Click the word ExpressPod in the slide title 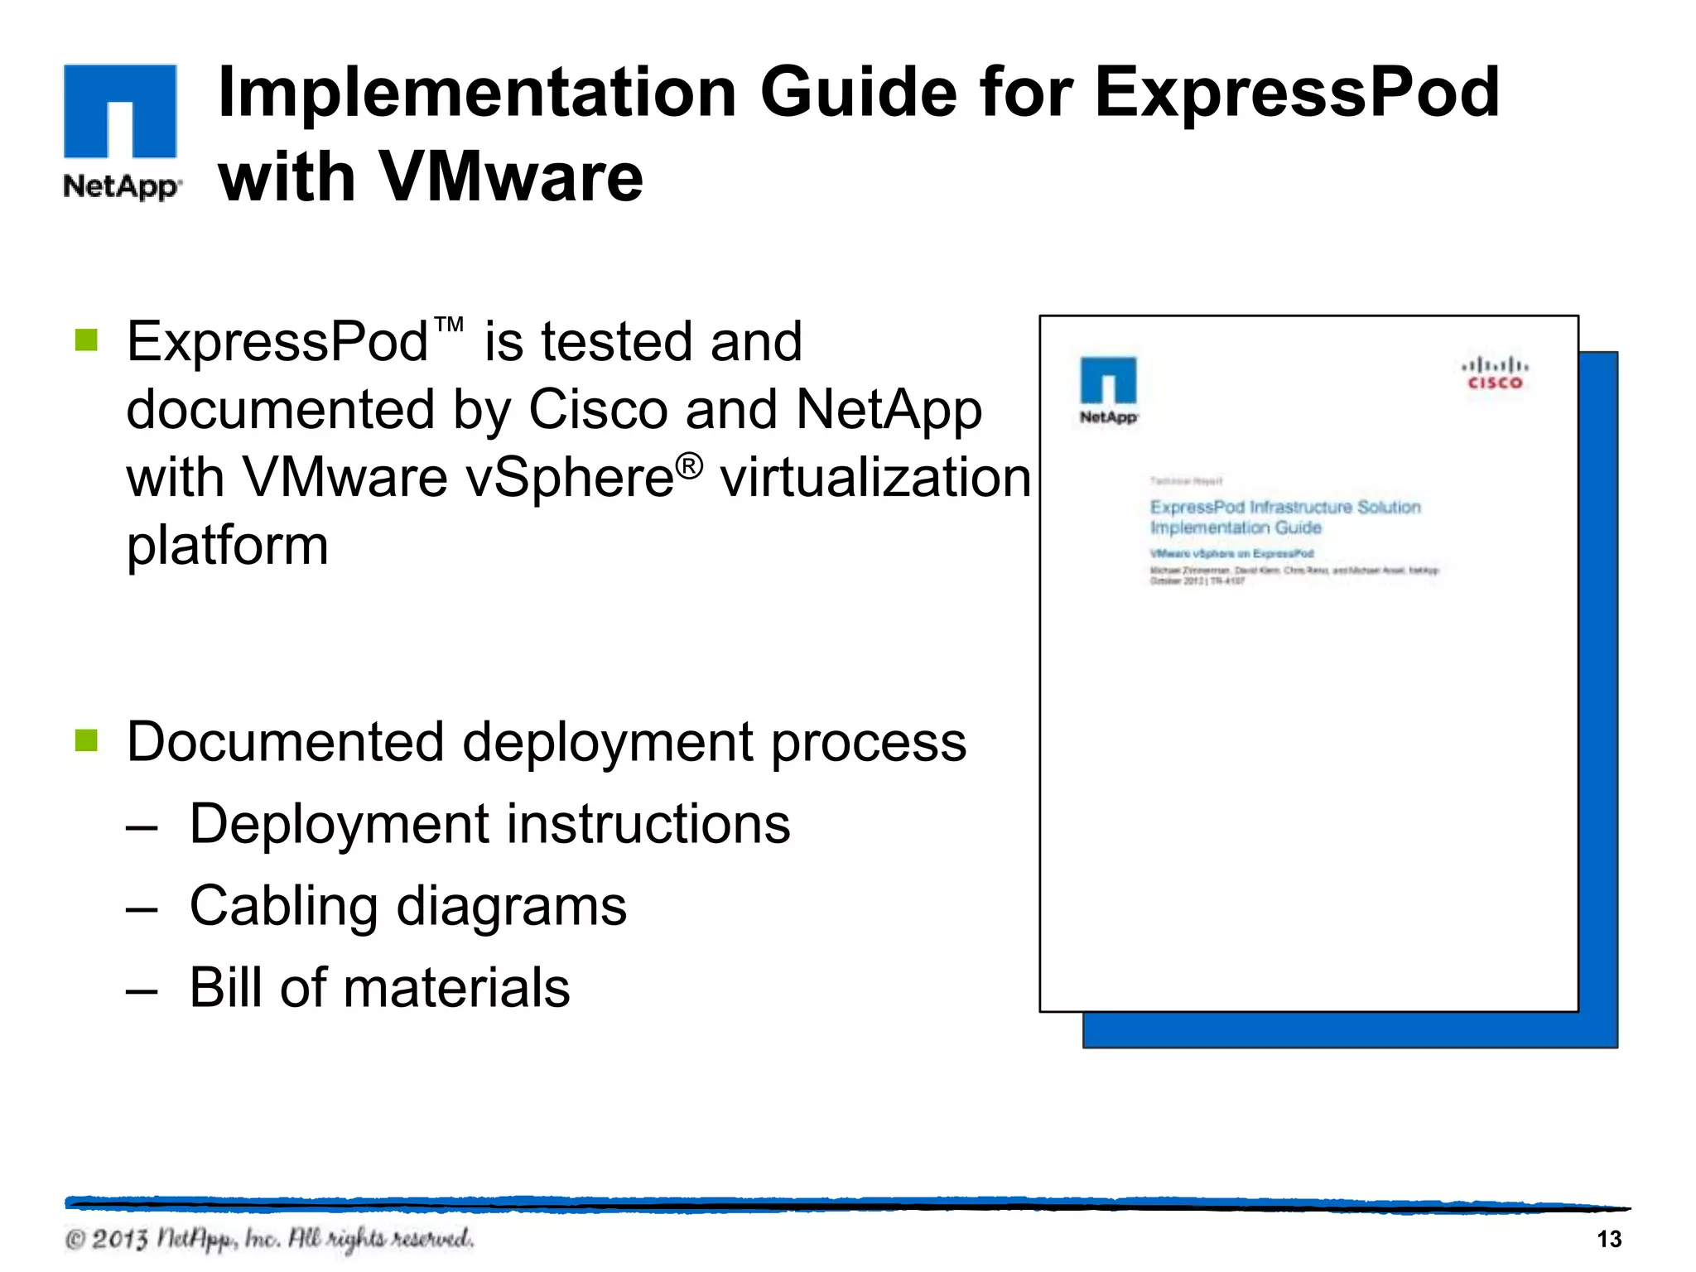point(1297,93)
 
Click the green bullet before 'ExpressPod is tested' point(86,340)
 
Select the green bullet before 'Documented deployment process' point(86,740)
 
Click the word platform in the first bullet point(228,547)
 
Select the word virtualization point(875,478)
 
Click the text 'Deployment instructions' point(489,824)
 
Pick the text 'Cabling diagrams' point(407,905)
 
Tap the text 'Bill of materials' point(379,987)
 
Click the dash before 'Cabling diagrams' point(142,908)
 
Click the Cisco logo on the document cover point(1495,373)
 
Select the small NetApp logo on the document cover point(1108,390)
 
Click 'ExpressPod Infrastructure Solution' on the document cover point(1284,507)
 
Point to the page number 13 point(1608,1239)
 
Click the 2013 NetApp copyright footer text point(269,1239)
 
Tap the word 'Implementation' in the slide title point(477,93)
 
